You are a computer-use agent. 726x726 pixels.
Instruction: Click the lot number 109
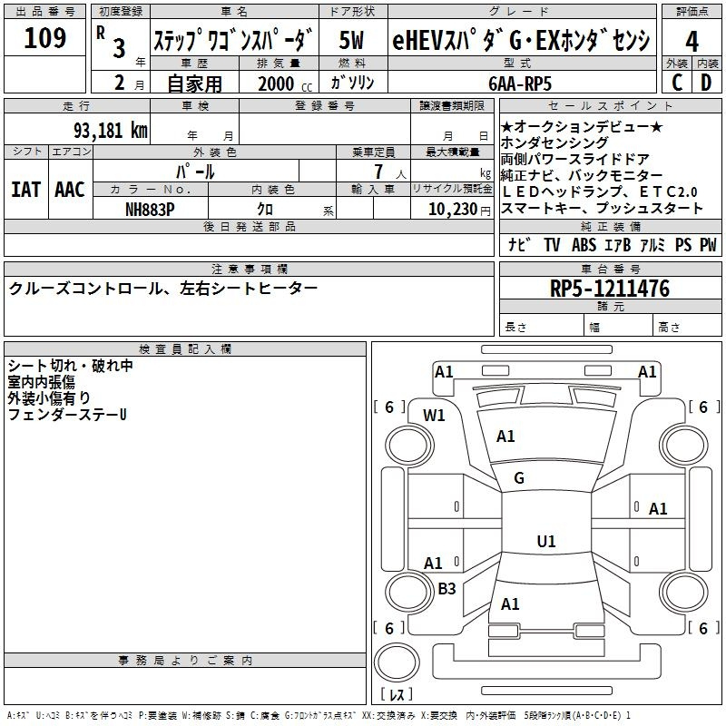pyautogui.click(x=46, y=39)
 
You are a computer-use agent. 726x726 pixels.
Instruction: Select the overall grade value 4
pyautogui.click(x=692, y=42)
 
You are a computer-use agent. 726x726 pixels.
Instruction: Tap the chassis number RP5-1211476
pyautogui.click(x=610, y=289)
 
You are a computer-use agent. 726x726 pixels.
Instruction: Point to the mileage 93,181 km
pyautogui.click(x=111, y=131)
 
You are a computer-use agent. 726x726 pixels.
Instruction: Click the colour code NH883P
pyautogui.click(x=152, y=209)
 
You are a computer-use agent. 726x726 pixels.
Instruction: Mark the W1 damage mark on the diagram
pyautogui.click(x=435, y=416)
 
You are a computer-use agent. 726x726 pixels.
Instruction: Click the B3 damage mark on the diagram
pyautogui.click(x=446, y=589)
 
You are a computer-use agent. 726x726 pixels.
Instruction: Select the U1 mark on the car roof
pyautogui.click(x=545, y=542)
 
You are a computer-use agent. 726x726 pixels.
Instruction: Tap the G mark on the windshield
pyautogui.click(x=519, y=478)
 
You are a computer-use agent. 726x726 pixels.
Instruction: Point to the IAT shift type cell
pyautogui.click(x=26, y=190)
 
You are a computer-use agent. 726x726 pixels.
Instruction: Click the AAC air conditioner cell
pyautogui.click(x=70, y=190)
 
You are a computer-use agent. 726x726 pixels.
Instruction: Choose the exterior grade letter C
pyautogui.click(x=676, y=83)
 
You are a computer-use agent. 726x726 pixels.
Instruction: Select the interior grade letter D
pyautogui.click(x=706, y=83)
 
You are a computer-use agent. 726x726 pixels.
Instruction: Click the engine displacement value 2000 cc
pyautogui.click(x=284, y=84)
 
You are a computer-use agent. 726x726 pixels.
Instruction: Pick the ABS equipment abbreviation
pyautogui.click(x=584, y=245)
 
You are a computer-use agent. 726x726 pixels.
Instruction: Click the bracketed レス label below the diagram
pyautogui.click(x=396, y=694)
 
